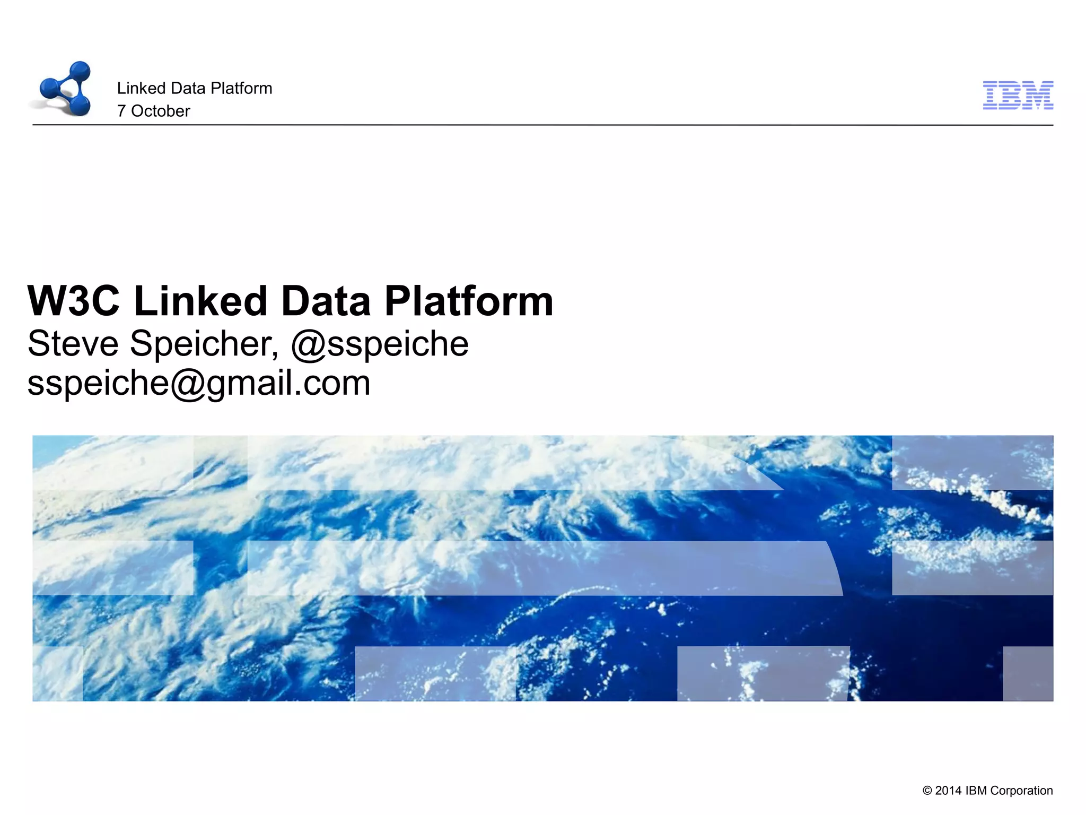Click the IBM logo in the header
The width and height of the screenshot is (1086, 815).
coord(1018,96)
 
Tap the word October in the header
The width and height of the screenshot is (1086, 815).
coord(160,111)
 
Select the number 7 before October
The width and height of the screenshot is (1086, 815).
coord(121,111)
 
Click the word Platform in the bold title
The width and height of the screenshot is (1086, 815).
coord(469,301)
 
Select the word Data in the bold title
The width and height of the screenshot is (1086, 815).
coord(326,301)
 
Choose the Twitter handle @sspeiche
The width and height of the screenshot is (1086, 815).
coord(380,343)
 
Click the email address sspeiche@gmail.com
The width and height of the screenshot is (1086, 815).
coord(199,383)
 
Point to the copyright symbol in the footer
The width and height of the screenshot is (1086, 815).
coord(927,791)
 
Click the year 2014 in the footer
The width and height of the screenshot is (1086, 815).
coord(948,791)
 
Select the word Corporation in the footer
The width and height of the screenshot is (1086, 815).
coord(1021,791)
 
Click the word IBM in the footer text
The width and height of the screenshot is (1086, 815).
coord(976,791)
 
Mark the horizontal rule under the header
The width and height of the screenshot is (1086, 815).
coord(543,125)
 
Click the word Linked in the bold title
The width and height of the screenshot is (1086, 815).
coord(200,301)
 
